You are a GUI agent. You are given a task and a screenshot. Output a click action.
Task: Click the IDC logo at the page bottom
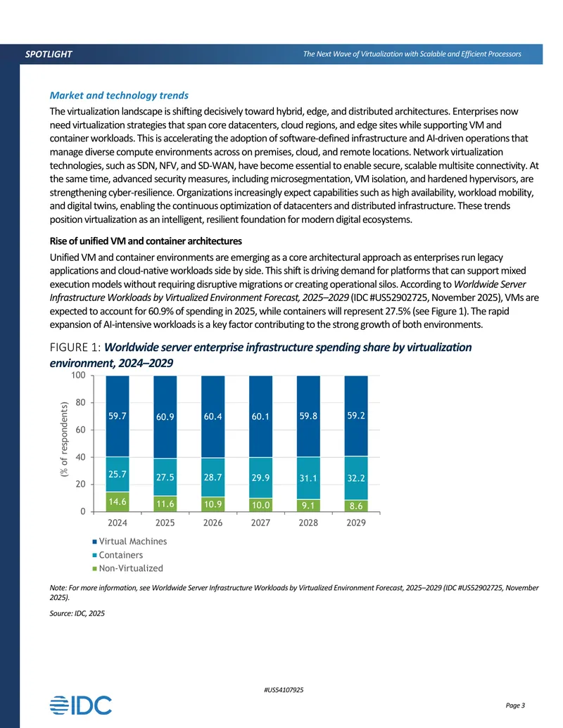pos(81,705)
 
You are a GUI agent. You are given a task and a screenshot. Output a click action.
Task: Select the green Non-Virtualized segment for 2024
pos(118,502)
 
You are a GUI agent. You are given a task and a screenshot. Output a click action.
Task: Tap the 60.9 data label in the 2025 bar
pos(165,417)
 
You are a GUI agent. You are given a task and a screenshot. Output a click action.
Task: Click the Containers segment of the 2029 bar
pos(356,478)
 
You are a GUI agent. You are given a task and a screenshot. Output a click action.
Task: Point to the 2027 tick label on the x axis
pos(260,523)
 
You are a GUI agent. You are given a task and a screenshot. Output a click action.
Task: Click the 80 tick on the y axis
pos(80,402)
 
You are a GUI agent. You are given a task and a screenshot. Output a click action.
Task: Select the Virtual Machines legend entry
pos(129,542)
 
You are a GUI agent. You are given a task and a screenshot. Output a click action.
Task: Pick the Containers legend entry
pos(118,555)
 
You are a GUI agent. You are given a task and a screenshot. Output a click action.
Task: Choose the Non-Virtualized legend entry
pos(128,568)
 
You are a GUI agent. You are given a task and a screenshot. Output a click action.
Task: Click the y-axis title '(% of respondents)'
pos(64,439)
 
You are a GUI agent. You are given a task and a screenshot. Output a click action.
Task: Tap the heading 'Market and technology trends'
pos(119,96)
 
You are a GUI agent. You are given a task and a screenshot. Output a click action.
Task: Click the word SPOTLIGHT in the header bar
pos(49,54)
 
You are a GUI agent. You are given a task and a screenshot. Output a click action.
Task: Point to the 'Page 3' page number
pos(515,705)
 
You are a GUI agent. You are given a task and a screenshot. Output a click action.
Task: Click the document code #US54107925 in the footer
pos(284,690)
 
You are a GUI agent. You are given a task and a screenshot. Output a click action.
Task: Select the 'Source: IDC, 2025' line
pos(77,613)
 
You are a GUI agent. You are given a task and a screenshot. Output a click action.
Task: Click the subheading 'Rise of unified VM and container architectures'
pos(146,241)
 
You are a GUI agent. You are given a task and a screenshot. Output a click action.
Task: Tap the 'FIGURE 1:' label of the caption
pos(75,347)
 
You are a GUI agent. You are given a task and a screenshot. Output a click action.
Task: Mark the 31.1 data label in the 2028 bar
pos(308,478)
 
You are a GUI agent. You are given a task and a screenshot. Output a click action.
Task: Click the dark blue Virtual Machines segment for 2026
pos(213,417)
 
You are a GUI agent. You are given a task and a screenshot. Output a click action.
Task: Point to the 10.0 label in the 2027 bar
pos(260,505)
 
